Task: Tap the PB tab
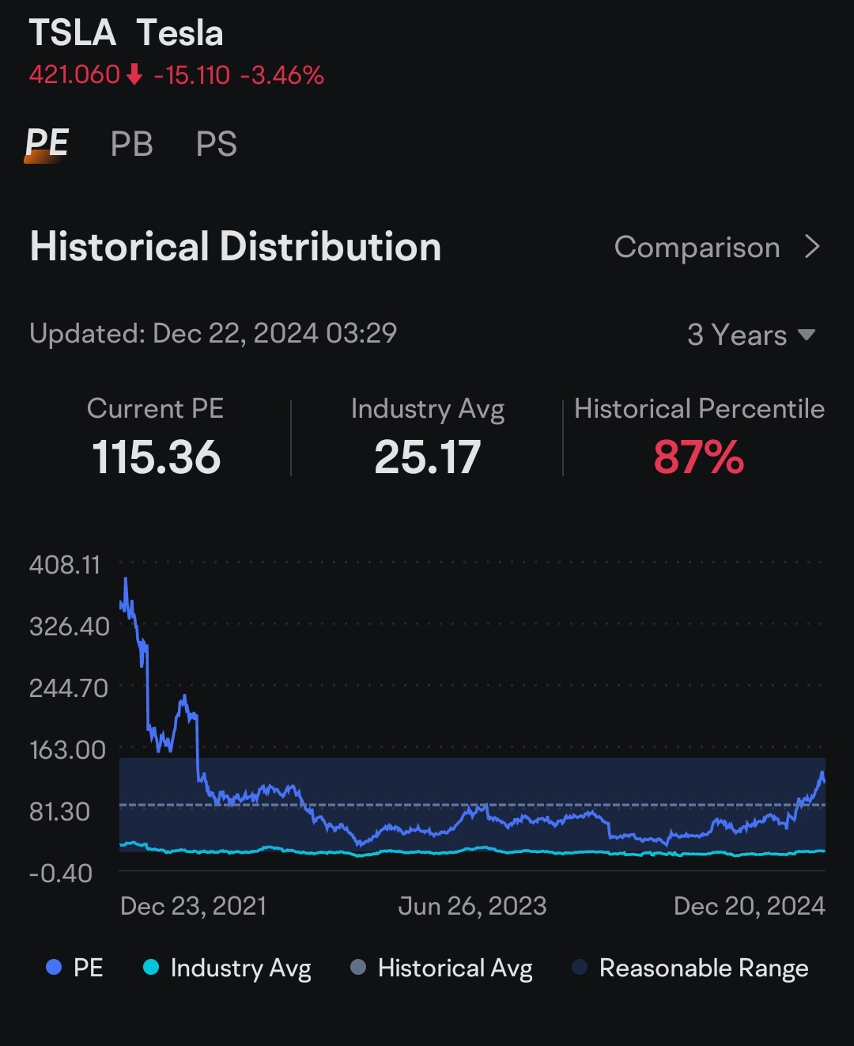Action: [x=131, y=144]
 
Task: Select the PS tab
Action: [x=216, y=144]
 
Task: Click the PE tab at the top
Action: [x=47, y=143]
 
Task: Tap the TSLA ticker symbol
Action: [x=72, y=33]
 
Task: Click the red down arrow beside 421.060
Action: [x=135, y=75]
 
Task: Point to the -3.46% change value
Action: [x=282, y=75]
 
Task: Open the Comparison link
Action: [x=716, y=248]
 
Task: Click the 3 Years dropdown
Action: [x=750, y=335]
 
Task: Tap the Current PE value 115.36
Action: [x=156, y=457]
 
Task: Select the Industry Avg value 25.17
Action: [x=427, y=457]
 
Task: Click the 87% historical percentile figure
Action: [x=699, y=457]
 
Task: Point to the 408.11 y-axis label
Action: [x=65, y=565]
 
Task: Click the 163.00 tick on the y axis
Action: [x=67, y=750]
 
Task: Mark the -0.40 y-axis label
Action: [x=61, y=874]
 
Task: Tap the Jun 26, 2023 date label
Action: [x=472, y=906]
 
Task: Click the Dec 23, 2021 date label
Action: [x=193, y=906]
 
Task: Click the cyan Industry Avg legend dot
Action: [x=151, y=967]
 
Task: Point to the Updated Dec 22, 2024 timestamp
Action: [x=213, y=333]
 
